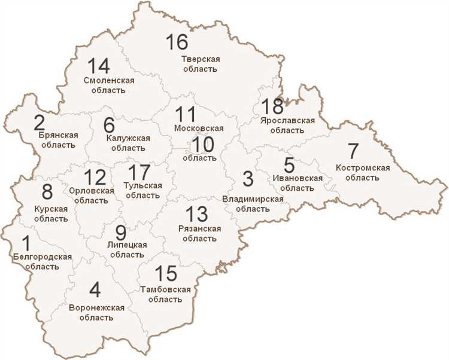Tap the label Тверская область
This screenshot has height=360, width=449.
(201, 64)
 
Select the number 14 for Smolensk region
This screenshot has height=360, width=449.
(99, 65)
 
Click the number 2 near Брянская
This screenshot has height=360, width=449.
(40, 123)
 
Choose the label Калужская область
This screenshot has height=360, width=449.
(128, 143)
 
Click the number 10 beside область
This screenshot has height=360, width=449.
(203, 144)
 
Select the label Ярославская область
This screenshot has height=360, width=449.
(288, 126)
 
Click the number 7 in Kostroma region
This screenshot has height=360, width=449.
(353, 152)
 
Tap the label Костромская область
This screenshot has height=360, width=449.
(363, 172)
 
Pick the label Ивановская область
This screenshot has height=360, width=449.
(297, 182)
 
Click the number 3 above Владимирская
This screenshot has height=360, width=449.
(247, 178)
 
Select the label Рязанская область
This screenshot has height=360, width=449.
(200, 233)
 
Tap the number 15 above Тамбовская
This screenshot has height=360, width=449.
(166, 274)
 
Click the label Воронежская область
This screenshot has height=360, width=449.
(96, 312)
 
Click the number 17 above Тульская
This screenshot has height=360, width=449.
(139, 172)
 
